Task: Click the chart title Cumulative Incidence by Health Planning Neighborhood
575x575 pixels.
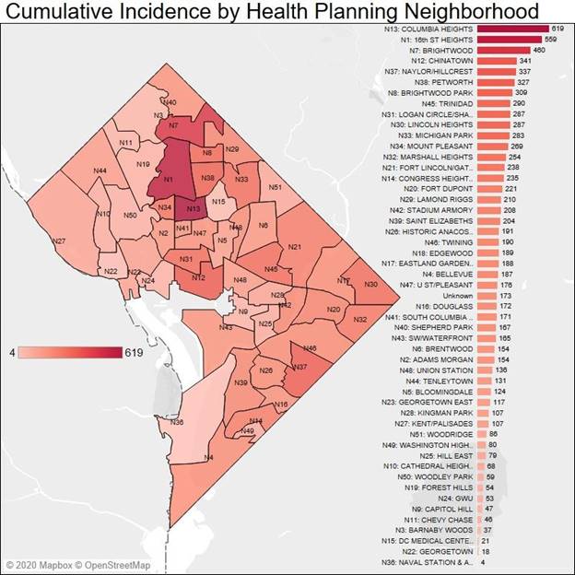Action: tap(273, 12)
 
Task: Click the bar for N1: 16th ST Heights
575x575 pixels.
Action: tap(510, 41)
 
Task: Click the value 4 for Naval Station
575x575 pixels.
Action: tap(483, 561)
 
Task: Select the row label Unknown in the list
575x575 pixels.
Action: tap(458, 295)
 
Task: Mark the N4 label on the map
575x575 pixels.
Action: tap(209, 458)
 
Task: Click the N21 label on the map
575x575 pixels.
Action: tap(295, 247)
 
